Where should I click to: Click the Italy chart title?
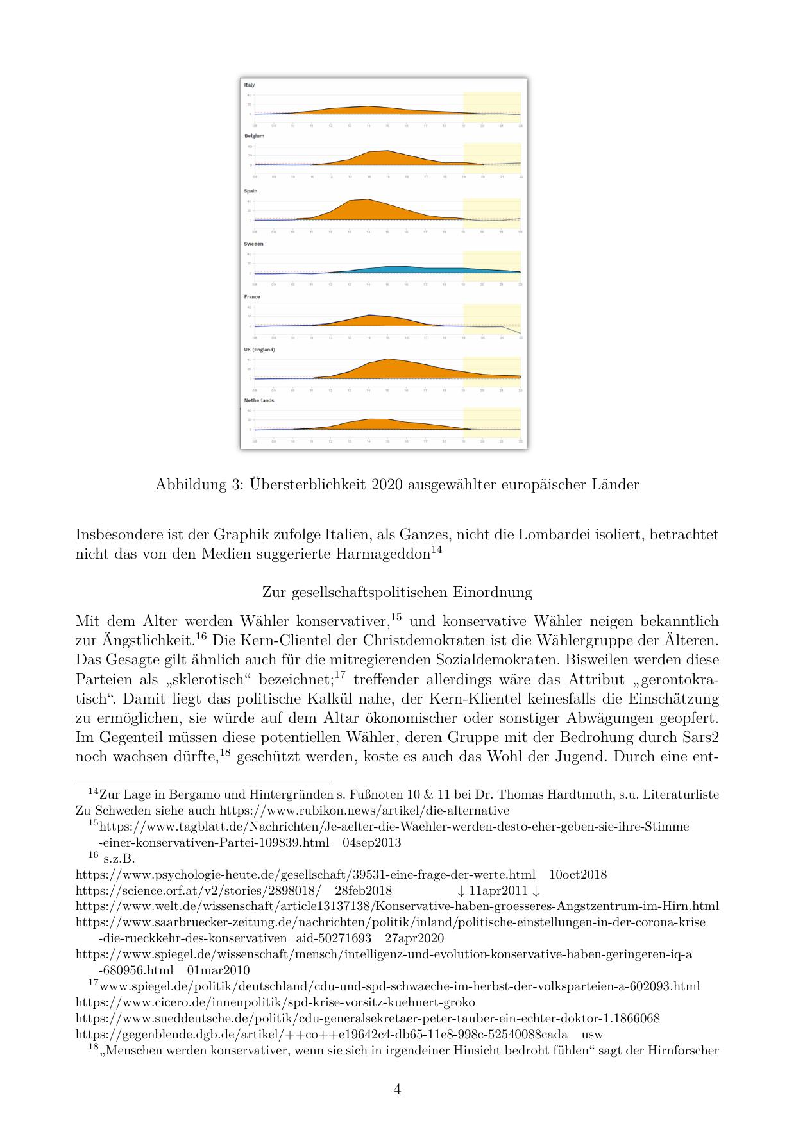click(250, 85)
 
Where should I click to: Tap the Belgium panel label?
click(254, 136)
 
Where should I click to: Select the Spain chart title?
click(250, 191)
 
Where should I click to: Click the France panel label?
click(252, 297)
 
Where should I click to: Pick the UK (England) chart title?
click(259, 350)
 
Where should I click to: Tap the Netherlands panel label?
click(259, 400)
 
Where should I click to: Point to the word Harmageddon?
click(382, 554)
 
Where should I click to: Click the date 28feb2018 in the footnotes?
click(364, 891)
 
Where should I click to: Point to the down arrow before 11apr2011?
click(461, 891)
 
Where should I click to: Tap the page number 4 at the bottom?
click(398, 1090)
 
